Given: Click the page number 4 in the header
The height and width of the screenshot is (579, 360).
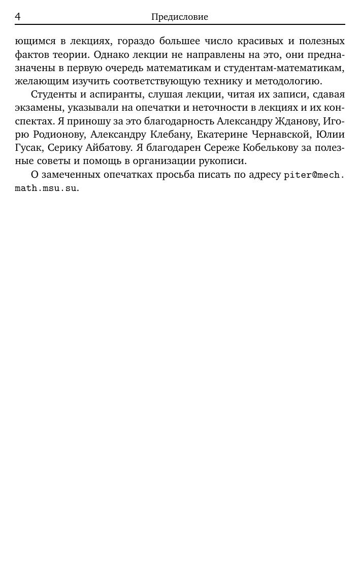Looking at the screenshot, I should (x=18, y=17).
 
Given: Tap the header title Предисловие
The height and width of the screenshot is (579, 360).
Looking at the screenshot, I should (x=180, y=17).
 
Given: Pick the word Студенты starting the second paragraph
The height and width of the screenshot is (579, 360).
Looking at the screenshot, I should (x=54, y=94).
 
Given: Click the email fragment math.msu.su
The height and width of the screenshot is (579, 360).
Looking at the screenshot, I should (x=46, y=188).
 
